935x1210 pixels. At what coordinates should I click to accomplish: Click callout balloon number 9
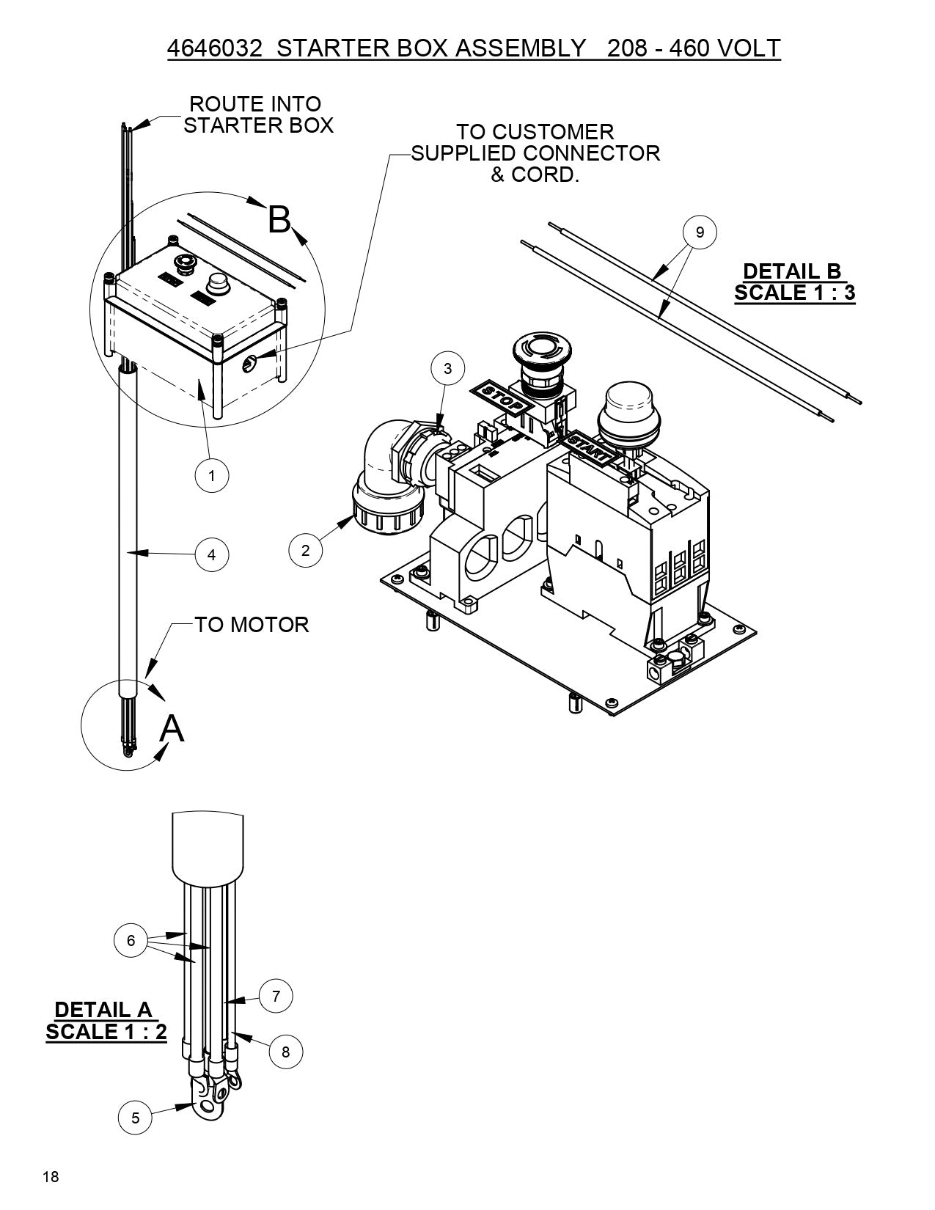pyautogui.click(x=700, y=232)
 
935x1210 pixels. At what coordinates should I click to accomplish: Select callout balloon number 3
pyautogui.click(x=448, y=369)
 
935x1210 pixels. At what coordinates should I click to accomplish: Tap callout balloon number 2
pyautogui.click(x=306, y=550)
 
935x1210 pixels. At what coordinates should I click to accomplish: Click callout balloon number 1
pyautogui.click(x=212, y=475)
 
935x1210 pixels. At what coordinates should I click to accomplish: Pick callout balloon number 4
pyautogui.click(x=212, y=554)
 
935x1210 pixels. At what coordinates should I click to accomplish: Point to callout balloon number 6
pyautogui.click(x=131, y=940)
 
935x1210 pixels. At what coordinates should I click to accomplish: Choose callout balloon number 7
pyautogui.click(x=276, y=996)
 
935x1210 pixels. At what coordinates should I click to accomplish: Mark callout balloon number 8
pyautogui.click(x=285, y=1052)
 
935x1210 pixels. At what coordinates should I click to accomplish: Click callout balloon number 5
pyautogui.click(x=136, y=1118)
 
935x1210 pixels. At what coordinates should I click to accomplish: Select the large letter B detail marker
pyautogui.click(x=279, y=219)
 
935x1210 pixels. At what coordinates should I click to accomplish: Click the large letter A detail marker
pyautogui.click(x=172, y=728)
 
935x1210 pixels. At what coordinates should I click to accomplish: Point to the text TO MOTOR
pyautogui.click(x=252, y=625)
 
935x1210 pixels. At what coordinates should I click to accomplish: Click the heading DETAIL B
pyautogui.click(x=792, y=271)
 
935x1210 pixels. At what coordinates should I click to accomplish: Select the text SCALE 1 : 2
pyautogui.click(x=106, y=1031)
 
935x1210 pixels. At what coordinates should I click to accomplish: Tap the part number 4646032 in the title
pyautogui.click(x=214, y=48)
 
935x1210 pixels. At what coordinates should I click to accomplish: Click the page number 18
pyautogui.click(x=51, y=1178)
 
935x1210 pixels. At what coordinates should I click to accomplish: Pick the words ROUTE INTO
pyautogui.click(x=255, y=104)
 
